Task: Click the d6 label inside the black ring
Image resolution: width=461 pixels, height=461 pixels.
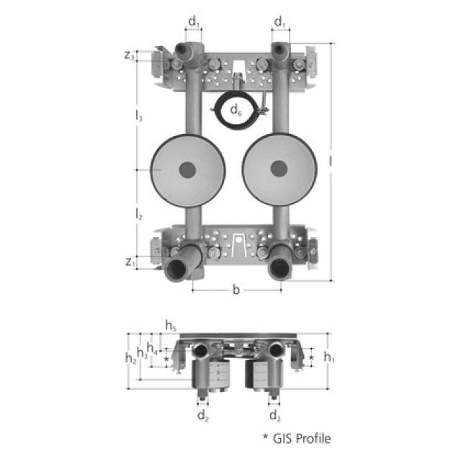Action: click(236, 110)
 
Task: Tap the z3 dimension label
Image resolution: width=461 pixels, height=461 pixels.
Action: click(130, 55)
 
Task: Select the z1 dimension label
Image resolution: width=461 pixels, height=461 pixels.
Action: click(130, 262)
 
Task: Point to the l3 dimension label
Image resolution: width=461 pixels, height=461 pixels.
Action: click(139, 115)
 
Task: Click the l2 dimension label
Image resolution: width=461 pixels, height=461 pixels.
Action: click(139, 214)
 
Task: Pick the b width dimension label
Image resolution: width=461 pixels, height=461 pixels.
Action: click(236, 290)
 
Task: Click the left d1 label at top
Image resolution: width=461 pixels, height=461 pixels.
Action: click(194, 22)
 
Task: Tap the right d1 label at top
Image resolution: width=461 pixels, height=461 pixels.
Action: click(280, 22)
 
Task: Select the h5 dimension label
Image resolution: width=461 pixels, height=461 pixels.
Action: click(171, 326)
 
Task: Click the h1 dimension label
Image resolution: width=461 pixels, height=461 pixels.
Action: click(329, 357)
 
